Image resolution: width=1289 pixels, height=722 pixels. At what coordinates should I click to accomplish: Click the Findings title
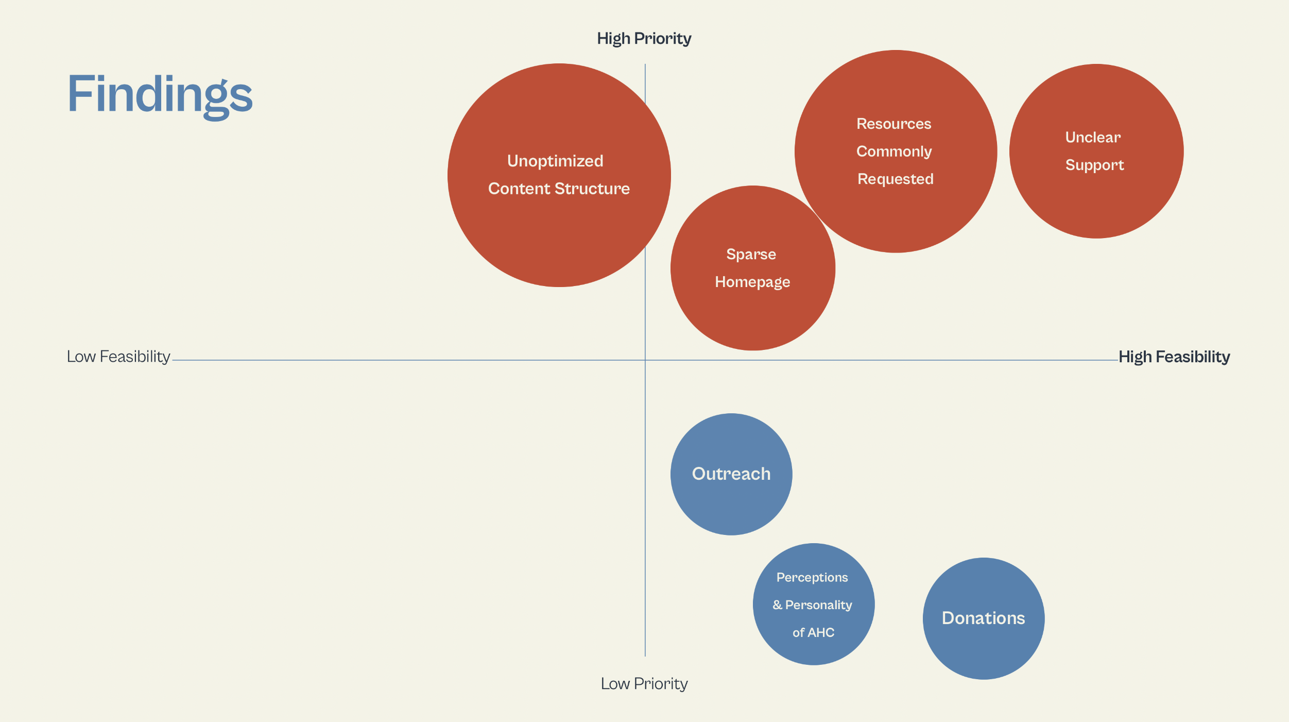click(x=160, y=95)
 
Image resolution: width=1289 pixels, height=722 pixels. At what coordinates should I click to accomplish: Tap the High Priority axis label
click(x=644, y=39)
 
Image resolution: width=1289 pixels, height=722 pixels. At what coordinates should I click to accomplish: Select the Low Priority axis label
click(x=644, y=683)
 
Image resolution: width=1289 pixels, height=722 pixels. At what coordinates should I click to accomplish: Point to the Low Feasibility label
click(x=118, y=357)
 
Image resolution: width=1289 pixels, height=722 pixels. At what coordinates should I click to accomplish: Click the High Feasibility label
click(x=1174, y=357)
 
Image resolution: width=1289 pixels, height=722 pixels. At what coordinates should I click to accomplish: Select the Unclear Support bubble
click(x=1096, y=201)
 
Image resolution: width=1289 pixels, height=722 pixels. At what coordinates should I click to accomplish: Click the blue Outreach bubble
click(x=731, y=505)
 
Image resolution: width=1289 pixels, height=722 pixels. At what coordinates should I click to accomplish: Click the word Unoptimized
click(x=555, y=161)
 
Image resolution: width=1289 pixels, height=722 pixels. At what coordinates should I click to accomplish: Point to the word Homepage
click(x=752, y=282)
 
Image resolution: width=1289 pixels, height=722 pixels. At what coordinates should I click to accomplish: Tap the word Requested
click(x=895, y=179)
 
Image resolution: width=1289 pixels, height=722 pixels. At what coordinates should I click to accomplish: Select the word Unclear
click(x=1093, y=138)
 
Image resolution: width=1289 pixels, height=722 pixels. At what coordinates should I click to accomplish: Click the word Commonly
click(x=894, y=152)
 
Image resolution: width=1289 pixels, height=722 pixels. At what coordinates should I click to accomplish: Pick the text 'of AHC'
click(x=813, y=632)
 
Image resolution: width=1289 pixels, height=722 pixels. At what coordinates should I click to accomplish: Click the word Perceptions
click(x=812, y=577)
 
